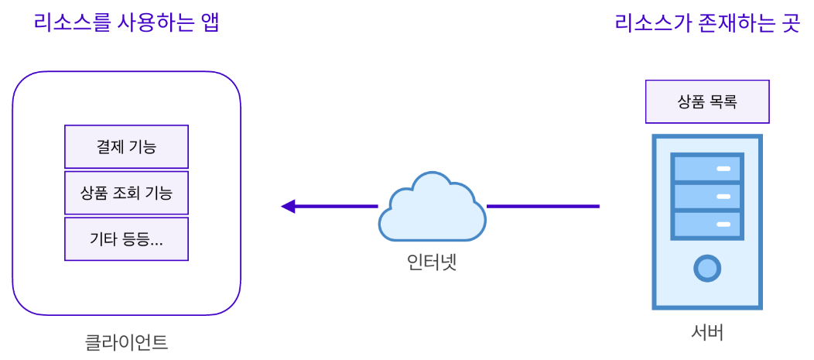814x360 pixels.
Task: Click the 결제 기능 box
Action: click(x=126, y=146)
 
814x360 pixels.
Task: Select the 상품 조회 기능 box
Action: click(x=126, y=193)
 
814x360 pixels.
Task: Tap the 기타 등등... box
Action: click(x=126, y=239)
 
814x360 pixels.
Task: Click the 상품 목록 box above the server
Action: click(x=707, y=101)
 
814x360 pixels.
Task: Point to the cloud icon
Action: click(x=431, y=207)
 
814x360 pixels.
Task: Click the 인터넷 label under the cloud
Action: click(x=432, y=262)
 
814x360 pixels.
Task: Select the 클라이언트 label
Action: click(x=126, y=341)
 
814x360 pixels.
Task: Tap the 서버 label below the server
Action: click(x=707, y=333)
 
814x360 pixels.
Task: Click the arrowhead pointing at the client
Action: click(x=289, y=207)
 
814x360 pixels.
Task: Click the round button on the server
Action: click(x=707, y=268)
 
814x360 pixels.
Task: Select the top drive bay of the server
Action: click(x=707, y=168)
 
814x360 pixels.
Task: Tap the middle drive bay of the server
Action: click(x=707, y=196)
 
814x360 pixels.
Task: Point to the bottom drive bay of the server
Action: click(x=707, y=225)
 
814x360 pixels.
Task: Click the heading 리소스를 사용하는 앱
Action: click(x=127, y=22)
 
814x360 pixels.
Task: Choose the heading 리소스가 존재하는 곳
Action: click(x=706, y=22)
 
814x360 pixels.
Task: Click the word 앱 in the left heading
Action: click(x=210, y=22)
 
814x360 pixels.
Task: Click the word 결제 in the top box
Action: click(x=111, y=146)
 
